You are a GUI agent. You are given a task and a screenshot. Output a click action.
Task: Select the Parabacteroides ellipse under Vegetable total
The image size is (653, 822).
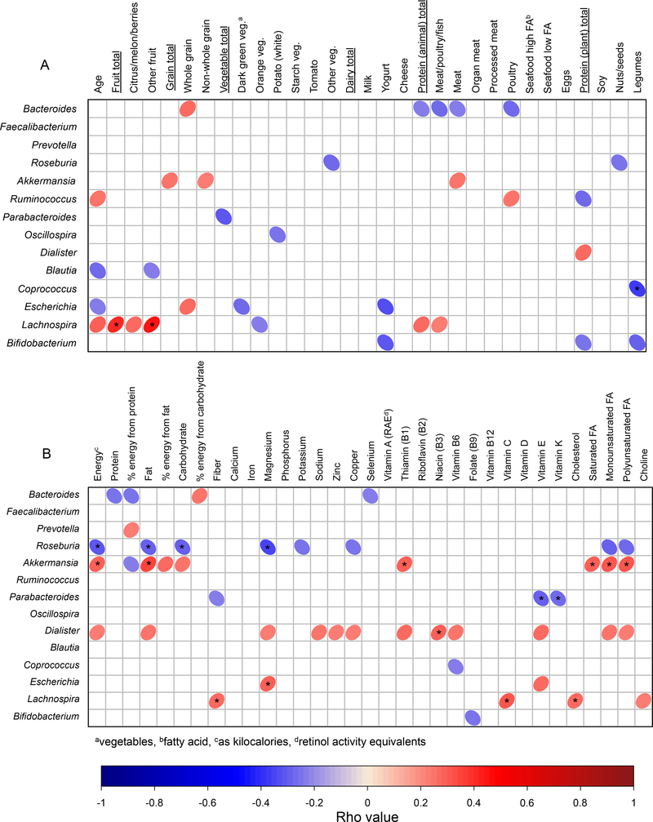pos(223,216)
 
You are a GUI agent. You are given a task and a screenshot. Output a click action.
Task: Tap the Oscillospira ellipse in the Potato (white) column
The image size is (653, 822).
pos(277,234)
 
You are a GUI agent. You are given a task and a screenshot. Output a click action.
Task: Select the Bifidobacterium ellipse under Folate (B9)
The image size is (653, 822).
pos(472,718)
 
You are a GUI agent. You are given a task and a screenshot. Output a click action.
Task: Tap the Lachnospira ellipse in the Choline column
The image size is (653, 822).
pos(643,700)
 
